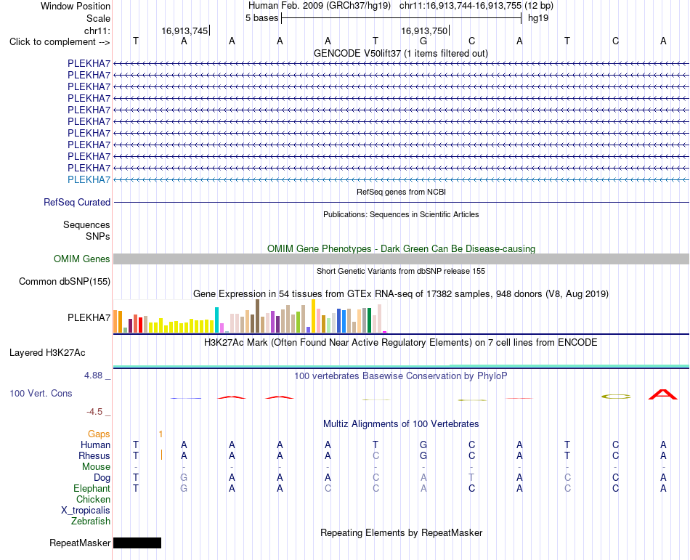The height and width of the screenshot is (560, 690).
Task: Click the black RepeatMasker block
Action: pyautogui.click(x=137, y=543)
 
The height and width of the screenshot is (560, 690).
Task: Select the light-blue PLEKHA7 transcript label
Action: pyautogui.click(x=89, y=179)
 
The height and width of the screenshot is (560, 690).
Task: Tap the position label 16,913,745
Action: pyautogui.click(x=184, y=31)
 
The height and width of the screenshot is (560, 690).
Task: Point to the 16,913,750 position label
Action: pyautogui.click(x=424, y=31)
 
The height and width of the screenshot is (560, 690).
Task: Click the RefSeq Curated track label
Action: pyautogui.click(x=77, y=203)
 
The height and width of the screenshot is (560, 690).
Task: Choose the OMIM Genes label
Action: pyautogui.click(x=82, y=259)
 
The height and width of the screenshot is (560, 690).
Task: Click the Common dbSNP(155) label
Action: pyautogui.click(x=65, y=282)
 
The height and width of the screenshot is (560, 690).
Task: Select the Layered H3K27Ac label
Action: pyautogui.click(x=47, y=353)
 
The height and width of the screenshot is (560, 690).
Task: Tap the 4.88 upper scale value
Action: pyautogui.click(x=93, y=376)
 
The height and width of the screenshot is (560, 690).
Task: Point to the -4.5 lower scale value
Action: pyautogui.click(x=94, y=412)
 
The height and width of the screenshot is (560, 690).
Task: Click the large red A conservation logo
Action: pyautogui.click(x=663, y=394)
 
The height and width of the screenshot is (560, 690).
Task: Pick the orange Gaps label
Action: pyautogui.click(x=99, y=434)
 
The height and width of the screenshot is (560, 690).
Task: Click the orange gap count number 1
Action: pyautogui.click(x=161, y=434)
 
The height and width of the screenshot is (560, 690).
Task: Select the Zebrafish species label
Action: pyautogui.click(x=91, y=522)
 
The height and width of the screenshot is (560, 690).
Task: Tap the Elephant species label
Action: pyautogui.click(x=92, y=489)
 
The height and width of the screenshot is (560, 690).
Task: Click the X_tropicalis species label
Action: pyautogui.click(x=86, y=511)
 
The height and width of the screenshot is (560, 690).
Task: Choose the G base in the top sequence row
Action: pyautogui.click(x=423, y=41)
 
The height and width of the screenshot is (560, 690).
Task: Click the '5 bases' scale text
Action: pyautogui.click(x=261, y=18)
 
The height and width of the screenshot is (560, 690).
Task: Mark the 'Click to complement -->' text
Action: pyautogui.click(x=60, y=42)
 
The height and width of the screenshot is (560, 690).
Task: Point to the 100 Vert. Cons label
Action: pyautogui.click(x=41, y=393)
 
